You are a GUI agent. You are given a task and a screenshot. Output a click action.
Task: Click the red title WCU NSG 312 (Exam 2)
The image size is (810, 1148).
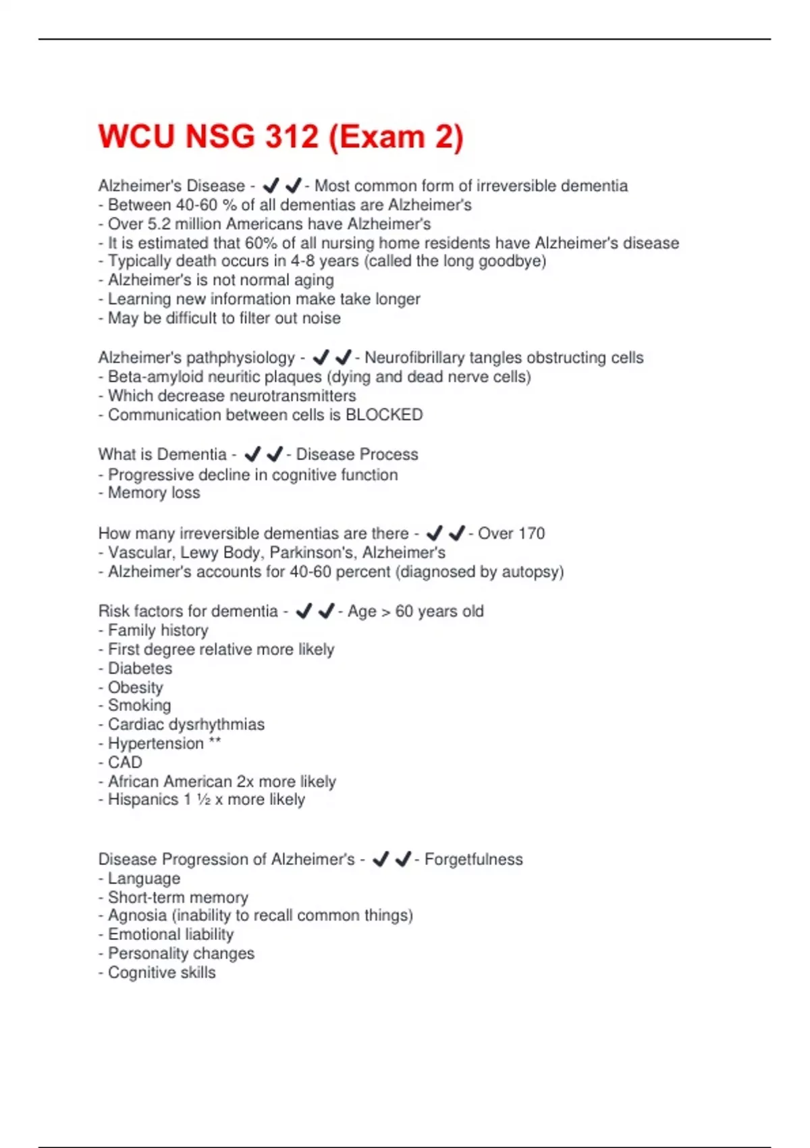click(281, 136)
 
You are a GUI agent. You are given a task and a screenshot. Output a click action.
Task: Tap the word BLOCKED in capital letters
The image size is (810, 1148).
click(384, 415)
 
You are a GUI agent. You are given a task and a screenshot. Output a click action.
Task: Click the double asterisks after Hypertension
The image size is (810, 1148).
click(215, 742)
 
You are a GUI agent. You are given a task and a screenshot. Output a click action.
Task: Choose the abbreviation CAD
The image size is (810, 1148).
click(125, 762)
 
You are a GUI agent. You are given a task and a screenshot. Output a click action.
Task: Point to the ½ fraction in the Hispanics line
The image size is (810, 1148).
click(203, 800)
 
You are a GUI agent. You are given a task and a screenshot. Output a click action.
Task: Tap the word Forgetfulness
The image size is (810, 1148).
click(473, 859)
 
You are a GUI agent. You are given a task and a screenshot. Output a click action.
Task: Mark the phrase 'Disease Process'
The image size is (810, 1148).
click(357, 454)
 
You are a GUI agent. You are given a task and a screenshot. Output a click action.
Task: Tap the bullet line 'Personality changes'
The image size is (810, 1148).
click(181, 953)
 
